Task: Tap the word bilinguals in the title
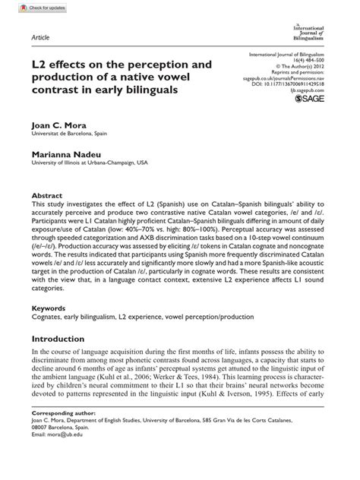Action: (171, 90)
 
